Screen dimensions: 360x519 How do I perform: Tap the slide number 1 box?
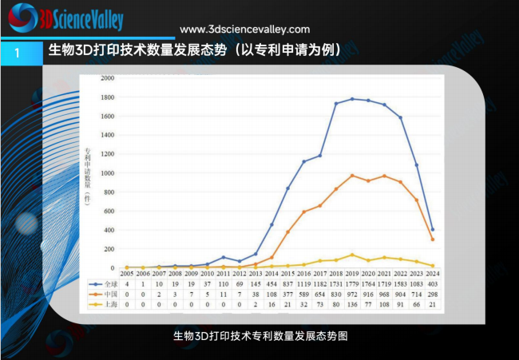pos(17,52)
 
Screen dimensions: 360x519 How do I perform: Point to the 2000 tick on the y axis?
pos(107,78)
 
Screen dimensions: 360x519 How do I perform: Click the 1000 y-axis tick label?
pos(107,173)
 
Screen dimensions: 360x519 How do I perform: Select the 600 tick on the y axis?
pos(109,211)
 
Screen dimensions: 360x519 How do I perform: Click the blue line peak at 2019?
pos(351,99)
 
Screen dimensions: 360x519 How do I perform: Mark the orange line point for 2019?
pos(351,176)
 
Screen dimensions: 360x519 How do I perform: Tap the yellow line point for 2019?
pos(351,255)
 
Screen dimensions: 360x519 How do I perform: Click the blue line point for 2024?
pos(432,230)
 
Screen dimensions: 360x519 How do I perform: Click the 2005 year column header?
pos(127,273)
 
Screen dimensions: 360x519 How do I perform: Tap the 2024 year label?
pos(432,273)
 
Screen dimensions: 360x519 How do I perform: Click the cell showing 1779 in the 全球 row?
pos(351,283)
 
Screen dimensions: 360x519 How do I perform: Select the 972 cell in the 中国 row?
pos(351,294)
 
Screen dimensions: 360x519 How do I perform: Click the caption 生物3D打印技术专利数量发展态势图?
pos(259,337)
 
